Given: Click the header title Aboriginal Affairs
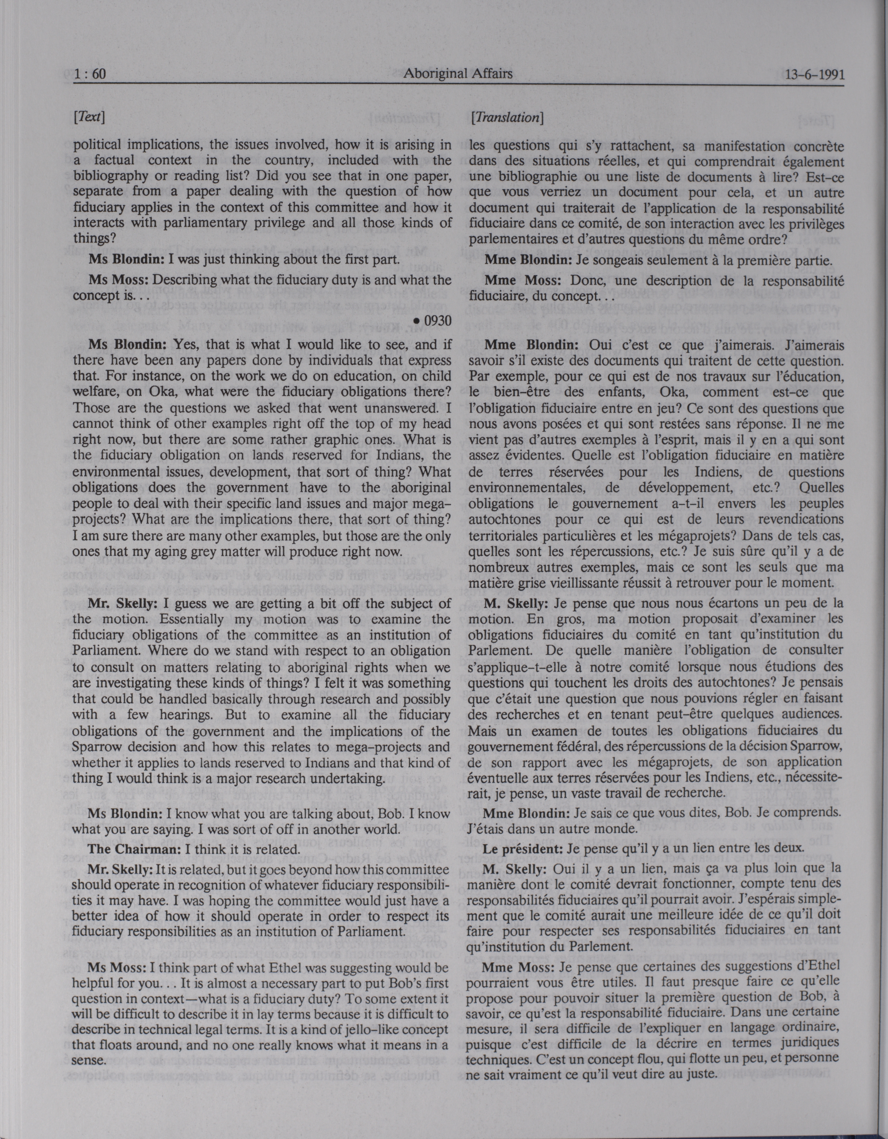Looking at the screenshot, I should coord(458,74).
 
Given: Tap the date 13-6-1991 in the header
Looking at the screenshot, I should coord(814,75).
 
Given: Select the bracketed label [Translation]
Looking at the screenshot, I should coord(507,118).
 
